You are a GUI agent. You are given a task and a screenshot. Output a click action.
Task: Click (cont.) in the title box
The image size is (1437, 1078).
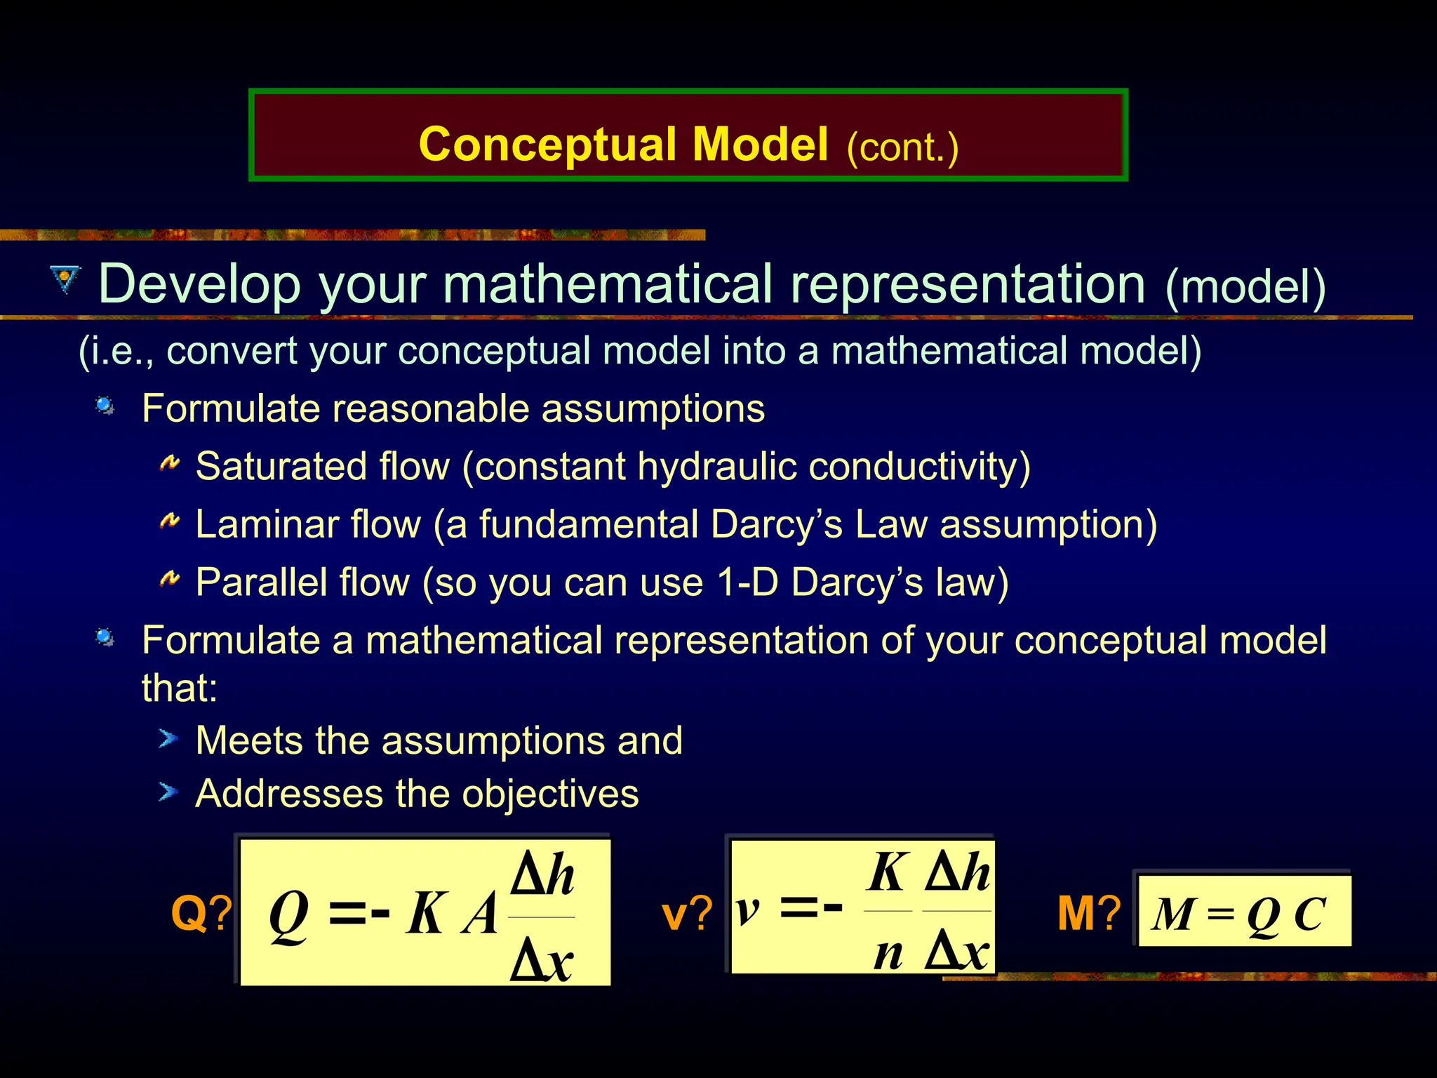coord(902,147)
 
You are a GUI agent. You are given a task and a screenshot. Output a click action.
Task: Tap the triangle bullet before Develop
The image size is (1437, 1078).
coord(66,279)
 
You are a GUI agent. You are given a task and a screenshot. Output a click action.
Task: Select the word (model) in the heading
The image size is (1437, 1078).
coord(1245,286)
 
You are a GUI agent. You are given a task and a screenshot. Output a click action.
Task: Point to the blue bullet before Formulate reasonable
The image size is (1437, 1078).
coord(105,405)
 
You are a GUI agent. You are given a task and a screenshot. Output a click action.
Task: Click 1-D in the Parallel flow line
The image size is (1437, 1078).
coord(748,582)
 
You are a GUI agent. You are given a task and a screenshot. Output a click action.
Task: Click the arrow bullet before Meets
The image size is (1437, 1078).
coord(168,738)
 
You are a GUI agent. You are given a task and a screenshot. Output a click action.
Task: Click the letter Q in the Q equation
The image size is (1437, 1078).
coord(288,914)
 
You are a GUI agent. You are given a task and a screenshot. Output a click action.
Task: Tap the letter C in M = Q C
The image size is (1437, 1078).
coord(1309,914)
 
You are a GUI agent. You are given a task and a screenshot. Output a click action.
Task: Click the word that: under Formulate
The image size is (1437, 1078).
coord(180,688)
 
